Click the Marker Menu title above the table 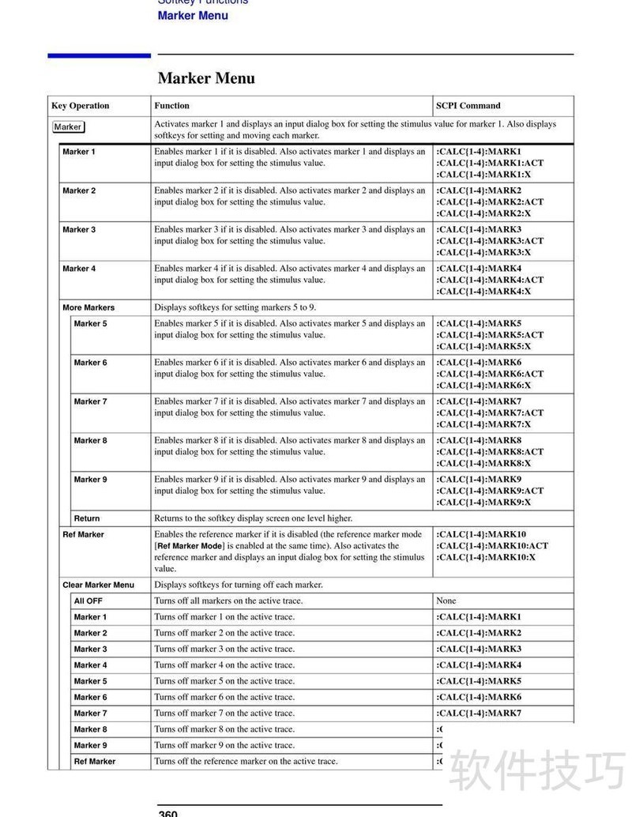click(x=206, y=78)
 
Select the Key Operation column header click(x=81, y=106)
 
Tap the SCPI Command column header click(x=468, y=106)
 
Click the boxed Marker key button click(x=68, y=127)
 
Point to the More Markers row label click(x=88, y=308)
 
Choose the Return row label click(x=87, y=519)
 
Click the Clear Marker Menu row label click(x=98, y=585)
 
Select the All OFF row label click(x=88, y=601)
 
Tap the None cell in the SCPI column click(x=446, y=601)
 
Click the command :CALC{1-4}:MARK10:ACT click(x=492, y=546)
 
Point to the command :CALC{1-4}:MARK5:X click(x=483, y=347)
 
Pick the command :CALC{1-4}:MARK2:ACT click(x=490, y=202)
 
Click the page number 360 click(x=167, y=813)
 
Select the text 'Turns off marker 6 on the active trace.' click(x=224, y=698)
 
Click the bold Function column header click(x=172, y=106)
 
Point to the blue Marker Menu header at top click(x=193, y=16)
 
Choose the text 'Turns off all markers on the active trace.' click(x=228, y=601)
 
